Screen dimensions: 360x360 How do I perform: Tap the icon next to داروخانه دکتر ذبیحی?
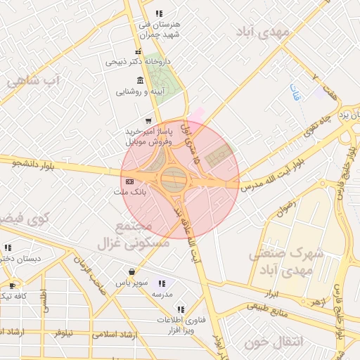point(139,51)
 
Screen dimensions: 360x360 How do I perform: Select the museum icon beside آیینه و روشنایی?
point(141,79)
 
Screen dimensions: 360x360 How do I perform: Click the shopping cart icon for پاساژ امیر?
point(148,121)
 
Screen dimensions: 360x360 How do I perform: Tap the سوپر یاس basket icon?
point(132,271)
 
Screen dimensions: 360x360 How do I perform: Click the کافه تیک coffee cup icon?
point(12,285)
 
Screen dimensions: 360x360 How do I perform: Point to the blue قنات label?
point(295,92)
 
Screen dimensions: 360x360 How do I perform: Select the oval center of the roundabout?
point(174,179)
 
